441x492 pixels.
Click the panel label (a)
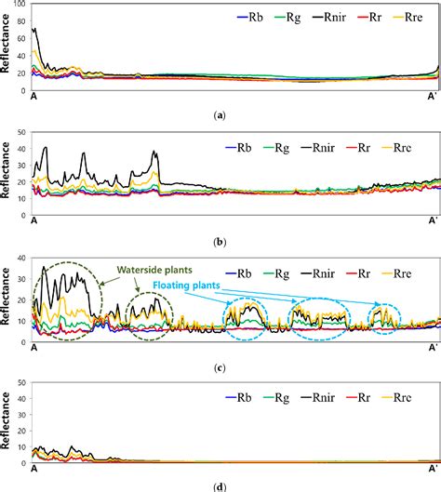coord(220,114)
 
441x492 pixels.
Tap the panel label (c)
coord(220,368)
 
